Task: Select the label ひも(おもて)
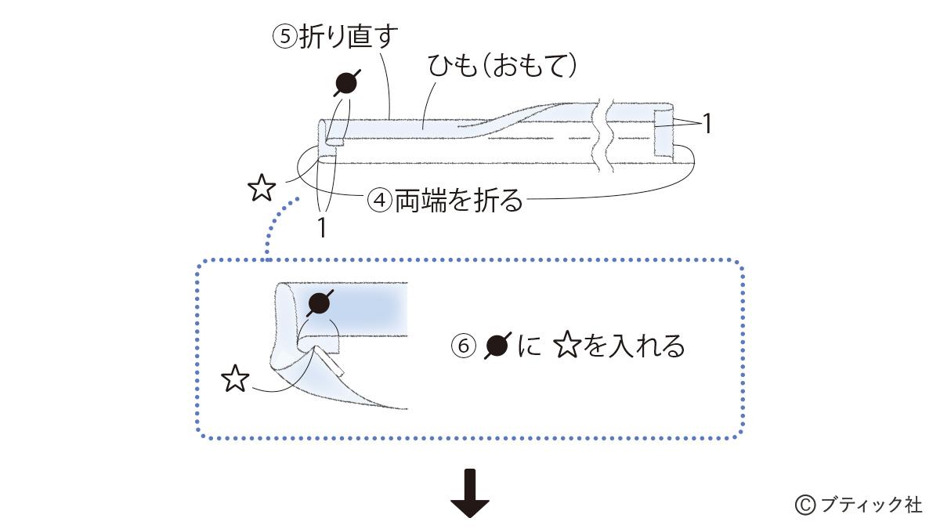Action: [502, 67]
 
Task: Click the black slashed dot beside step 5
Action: [348, 82]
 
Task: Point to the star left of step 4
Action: [261, 188]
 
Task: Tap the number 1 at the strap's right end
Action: [707, 124]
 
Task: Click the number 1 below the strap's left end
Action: [320, 226]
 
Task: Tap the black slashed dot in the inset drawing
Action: [320, 303]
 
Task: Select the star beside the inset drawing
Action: [235, 379]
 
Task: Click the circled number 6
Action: [464, 346]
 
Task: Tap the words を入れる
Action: [634, 346]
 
